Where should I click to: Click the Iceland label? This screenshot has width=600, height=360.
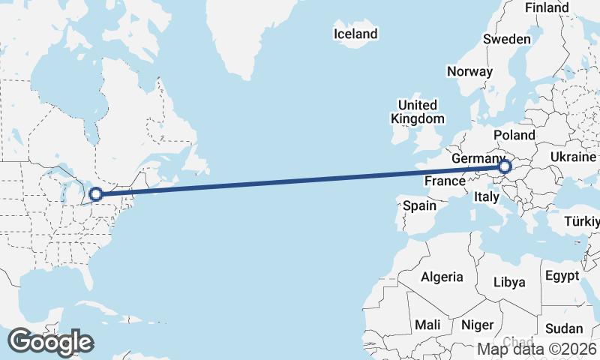point(355,34)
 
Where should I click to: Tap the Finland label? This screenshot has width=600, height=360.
point(547,7)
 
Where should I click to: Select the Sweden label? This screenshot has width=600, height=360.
point(507,39)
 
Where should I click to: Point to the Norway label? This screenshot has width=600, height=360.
point(469,71)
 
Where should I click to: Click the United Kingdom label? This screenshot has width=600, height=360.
point(417,112)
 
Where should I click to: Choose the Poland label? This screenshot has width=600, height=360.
point(514,135)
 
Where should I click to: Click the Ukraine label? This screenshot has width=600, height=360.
point(573,156)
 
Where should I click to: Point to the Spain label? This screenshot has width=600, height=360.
point(419,205)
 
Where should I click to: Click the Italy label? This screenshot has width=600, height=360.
point(486,196)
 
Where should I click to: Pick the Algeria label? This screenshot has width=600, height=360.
point(442,277)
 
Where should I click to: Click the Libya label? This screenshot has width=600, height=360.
point(509,282)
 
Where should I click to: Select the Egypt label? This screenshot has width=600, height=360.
point(562,275)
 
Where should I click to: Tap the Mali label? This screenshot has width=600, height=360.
point(427,325)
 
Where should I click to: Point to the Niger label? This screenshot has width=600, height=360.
point(477,325)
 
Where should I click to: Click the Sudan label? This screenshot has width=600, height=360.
point(563,328)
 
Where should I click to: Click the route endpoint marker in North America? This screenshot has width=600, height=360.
point(96,195)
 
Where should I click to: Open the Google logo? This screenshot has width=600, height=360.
point(50,342)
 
